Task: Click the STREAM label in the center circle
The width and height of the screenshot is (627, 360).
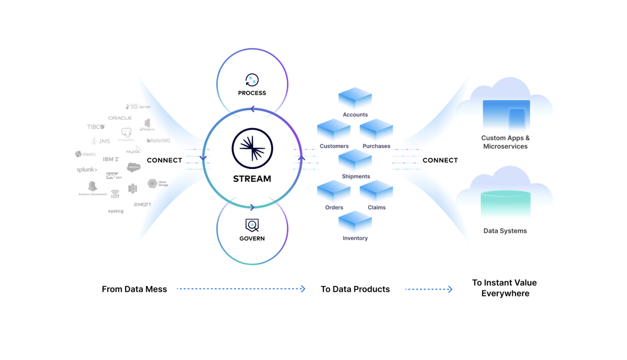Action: pos(252,179)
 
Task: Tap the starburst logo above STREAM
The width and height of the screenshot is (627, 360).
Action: pos(252,148)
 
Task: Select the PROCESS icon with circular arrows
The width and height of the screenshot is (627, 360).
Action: pos(252,80)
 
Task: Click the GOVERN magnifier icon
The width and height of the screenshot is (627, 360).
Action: pos(252,225)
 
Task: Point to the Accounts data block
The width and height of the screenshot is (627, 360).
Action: pos(355,98)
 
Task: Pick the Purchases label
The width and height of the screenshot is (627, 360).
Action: pos(376,146)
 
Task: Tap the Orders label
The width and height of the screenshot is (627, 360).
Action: pos(334,207)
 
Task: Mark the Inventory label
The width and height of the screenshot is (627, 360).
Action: pos(355,238)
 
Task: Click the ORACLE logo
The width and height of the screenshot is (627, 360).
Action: pos(120,118)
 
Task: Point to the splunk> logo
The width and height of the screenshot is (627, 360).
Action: pos(87,170)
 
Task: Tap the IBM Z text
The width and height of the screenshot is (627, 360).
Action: pos(111,159)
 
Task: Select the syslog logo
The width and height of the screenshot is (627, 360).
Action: pos(116,211)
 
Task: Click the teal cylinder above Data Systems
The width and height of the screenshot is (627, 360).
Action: pos(506,204)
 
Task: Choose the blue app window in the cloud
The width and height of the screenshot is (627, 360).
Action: pos(506,116)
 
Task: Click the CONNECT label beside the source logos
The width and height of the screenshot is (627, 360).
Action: pos(164,160)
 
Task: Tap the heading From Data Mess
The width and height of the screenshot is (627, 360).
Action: pos(134,289)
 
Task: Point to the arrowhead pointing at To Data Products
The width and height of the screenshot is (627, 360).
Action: pos(303,289)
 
